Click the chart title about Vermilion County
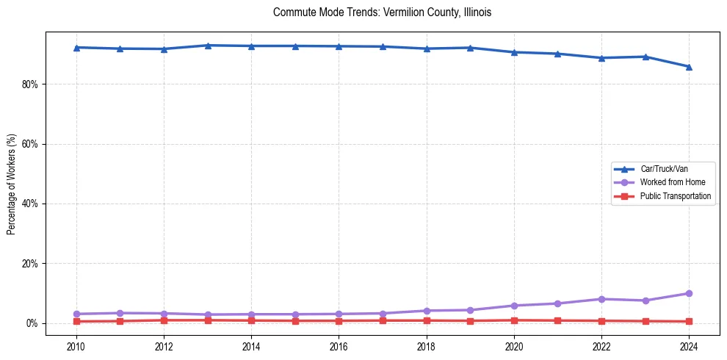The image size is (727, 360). pos(381,12)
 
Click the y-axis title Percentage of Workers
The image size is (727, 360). pos(12,184)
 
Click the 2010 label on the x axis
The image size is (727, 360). pos(76,345)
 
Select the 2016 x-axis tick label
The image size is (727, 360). pos(339,345)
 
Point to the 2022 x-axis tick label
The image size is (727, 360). pos(601,345)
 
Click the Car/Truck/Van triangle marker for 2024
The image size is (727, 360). pos(689,67)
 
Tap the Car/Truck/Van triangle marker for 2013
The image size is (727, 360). pos(208,46)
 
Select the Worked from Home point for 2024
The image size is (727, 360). pos(689,293)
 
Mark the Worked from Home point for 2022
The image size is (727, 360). pos(601,299)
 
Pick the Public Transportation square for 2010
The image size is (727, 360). pos(76,321)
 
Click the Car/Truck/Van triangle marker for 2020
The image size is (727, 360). pos(514,52)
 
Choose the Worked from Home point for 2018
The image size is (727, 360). pos(427,311)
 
